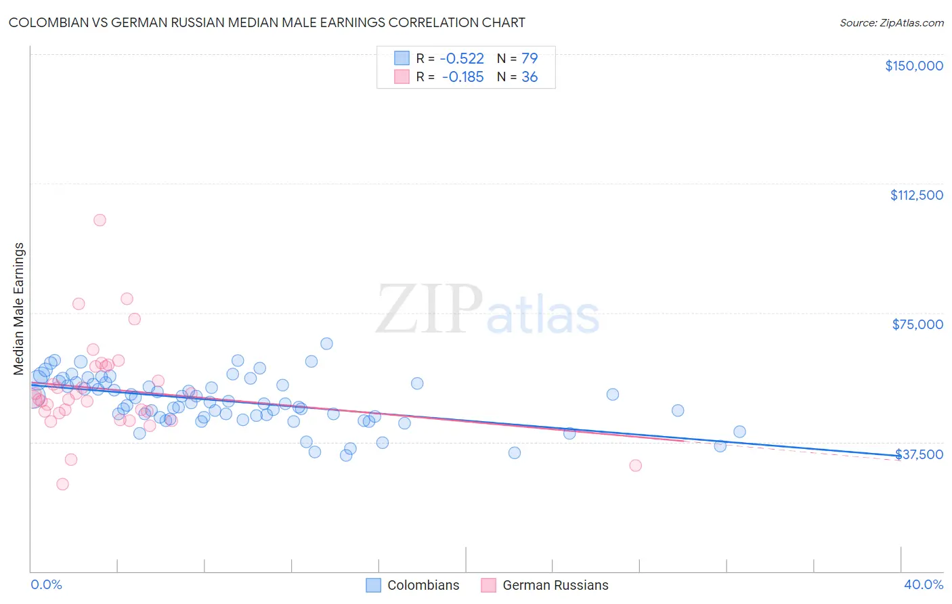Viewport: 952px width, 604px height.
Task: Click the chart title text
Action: pos(267,22)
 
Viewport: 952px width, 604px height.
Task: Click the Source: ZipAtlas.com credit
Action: pos(891,22)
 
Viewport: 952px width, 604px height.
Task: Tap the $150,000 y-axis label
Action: pos(913,66)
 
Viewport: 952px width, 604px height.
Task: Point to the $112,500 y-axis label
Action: pos(916,195)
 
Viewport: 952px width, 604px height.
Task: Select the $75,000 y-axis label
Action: pos(917,324)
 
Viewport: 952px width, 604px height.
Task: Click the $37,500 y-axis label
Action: pos(919,454)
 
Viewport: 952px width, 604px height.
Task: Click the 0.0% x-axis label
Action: pos(46,584)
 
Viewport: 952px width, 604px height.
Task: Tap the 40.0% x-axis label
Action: pos(923,584)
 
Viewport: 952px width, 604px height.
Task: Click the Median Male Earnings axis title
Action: pos(18,309)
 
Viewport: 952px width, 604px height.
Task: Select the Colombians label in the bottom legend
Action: pos(423,585)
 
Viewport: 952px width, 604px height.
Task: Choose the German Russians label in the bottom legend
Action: pos(555,585)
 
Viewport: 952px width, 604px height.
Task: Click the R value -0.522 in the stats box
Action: pos(463,58)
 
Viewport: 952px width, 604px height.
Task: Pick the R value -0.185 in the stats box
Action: pos(463,77)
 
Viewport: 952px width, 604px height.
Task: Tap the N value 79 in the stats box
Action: pos(529,58)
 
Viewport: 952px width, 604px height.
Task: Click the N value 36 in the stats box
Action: pos(529,77)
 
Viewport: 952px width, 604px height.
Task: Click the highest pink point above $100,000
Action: pos(100,220)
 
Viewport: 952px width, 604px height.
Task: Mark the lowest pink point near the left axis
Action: pos(62,484)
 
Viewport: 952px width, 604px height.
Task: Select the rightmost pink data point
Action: pos(635,465)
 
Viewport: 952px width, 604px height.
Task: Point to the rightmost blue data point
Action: pos(739,432)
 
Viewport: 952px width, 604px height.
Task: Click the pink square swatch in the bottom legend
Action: pos(488,585)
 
